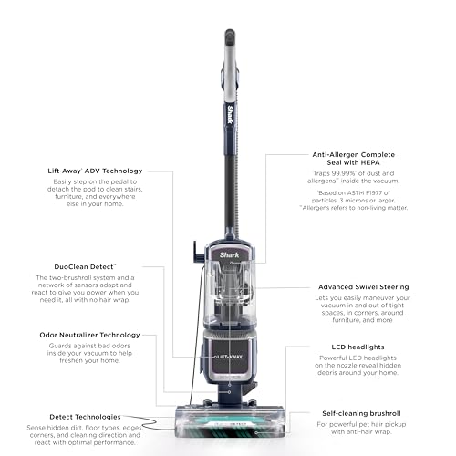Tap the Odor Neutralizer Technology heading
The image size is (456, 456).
point(88,335)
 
